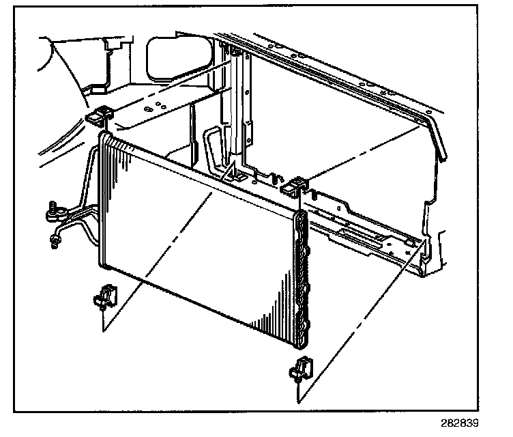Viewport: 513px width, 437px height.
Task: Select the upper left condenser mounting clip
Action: [x=100, y=117]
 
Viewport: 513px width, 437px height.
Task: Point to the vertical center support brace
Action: [x=238, y=109]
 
